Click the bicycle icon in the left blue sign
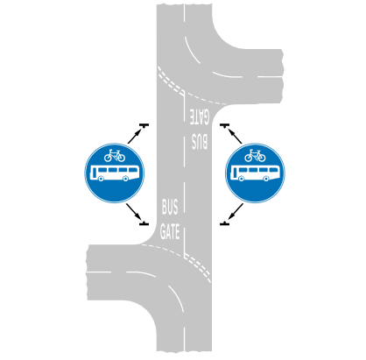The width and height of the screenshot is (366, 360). pyautogui.click(x=115, y=156)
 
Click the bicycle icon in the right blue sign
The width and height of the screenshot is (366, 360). pyautogui.click(x=255, y=156)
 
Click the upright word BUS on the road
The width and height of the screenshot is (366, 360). pyautogui.click(x=170, y=207)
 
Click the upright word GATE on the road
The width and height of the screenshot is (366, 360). pyautogui.click(x=170, y=232)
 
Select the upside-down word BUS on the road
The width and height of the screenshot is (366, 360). pyautogui.click(x=200, y=141)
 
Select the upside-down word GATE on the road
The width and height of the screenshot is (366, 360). pyautogui.click(x=200, y=116)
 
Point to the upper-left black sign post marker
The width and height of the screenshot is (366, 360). pyautogui.click(x=144, y=125)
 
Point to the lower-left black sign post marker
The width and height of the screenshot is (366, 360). pyautogui.click(x=144, y=223)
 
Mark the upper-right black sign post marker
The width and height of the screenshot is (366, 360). pyautogui.click(x=224, y=125)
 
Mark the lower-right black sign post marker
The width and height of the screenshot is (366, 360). pyautogui.click(x=224, y=223)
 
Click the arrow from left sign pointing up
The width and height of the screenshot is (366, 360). pyautogui.click(x=135, y=136)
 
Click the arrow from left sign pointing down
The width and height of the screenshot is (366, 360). pyautogui.click(x=134, y=211)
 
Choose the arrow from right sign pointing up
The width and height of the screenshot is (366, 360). pyautogui.click(x=235, y=136)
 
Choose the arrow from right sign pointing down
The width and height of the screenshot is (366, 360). pyautogui.click(x=236, y=211)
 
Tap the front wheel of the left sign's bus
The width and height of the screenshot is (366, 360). pyautogui.click(x=126, y=179)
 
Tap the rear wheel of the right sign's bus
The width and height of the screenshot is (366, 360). pyautogui.click(x=242, y=179)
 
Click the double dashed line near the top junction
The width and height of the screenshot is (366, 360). pyautogui.click(x=170, y=81)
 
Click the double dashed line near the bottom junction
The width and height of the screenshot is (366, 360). pyautogui.click(x=198, y=268)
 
